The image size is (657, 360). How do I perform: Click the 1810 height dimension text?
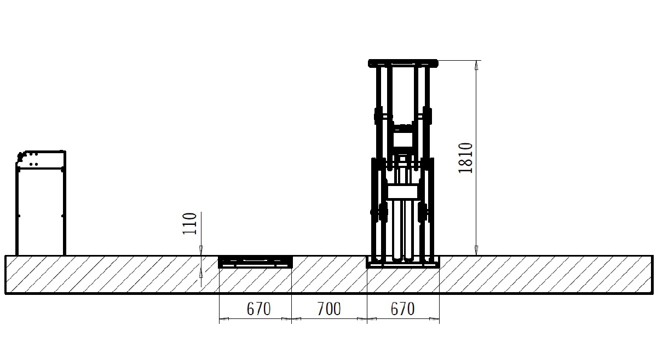465,158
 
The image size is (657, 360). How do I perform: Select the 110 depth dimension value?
189,223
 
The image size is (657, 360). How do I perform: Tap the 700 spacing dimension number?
329,309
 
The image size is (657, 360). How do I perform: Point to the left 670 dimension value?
258,309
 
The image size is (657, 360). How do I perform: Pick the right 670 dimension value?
402,309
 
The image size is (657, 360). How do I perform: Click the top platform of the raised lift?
403,63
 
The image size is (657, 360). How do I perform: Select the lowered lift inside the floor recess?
256,262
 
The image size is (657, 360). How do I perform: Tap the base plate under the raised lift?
403,265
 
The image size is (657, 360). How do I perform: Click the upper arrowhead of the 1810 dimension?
476,65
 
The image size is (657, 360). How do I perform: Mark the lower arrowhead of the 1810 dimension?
476,251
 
